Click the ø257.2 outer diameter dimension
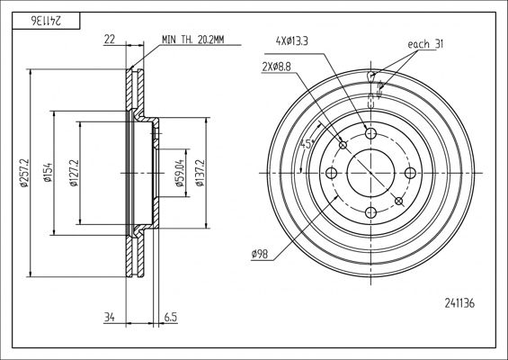coord(24,173)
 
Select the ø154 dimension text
coord(48,173)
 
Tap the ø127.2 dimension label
coord(74,173)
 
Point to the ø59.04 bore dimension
coord(180,173)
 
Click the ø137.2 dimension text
coord(200,173)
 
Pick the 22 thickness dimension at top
coord(110,40)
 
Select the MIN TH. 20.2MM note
coord(193,40)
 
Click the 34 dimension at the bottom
coord(110,317)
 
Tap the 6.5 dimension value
coord(171,317)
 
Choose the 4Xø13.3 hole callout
coord(292,41)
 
